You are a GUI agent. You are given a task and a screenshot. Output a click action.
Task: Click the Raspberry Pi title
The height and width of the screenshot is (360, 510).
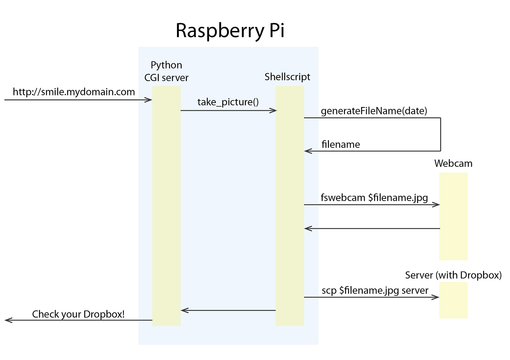[230, 31]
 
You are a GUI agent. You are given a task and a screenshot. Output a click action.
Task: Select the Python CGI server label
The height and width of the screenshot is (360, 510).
[166, 71]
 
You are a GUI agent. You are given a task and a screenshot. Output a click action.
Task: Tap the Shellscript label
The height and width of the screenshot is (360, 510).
[287, 77]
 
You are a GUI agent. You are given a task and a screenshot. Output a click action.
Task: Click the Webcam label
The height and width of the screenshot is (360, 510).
[453, 163]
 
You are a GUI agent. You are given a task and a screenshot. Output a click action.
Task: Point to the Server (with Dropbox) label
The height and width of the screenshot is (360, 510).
[453, 275]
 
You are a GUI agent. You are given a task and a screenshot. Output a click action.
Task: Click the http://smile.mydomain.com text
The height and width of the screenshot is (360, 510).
[74, 92]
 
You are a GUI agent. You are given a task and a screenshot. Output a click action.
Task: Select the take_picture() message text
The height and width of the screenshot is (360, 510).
[228, 102]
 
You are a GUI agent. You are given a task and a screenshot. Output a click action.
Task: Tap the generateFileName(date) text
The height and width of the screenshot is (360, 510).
[374, 111]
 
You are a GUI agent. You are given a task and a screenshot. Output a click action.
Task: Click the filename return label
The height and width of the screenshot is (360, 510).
[341, 145]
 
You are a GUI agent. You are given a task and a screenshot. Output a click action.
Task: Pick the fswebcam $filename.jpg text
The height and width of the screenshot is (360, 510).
[374, 198]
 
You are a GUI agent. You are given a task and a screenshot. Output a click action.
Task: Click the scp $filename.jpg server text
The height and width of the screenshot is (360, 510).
[375, 290]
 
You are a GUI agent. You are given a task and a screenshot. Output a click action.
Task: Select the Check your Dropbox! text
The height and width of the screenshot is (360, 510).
[78, 314]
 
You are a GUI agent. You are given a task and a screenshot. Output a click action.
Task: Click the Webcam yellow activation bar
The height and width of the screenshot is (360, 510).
[453, 217]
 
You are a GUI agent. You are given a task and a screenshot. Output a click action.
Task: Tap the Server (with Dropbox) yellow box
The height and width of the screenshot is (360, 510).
[453, 300]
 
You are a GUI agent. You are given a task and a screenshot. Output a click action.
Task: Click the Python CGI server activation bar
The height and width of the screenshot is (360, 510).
[166, 206]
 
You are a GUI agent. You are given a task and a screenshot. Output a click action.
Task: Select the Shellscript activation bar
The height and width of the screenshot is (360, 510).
[290, 206]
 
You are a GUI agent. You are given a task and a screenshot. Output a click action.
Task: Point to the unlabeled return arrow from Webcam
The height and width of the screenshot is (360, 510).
[372, 229]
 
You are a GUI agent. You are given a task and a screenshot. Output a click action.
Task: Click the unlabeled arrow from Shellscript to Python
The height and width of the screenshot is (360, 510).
[228, 310]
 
